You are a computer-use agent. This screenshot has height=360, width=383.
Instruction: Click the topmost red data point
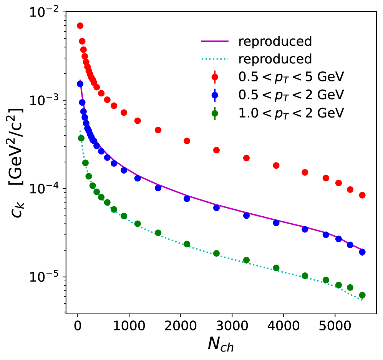[80, 26]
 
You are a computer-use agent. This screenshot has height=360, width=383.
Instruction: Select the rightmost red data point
[362, 195]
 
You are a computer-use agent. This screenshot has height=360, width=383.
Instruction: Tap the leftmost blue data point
[80, 84]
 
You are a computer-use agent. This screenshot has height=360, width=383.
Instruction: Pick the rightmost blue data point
[362, 252]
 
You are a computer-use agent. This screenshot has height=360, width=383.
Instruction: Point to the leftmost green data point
[81, 138]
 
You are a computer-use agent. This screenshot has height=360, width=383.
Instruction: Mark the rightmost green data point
[362, 295]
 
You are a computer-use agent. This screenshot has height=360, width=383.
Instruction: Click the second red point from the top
[82, 41]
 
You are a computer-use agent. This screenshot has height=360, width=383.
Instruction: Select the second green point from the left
[85, 163]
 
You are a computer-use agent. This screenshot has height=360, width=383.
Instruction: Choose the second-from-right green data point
[350, 287]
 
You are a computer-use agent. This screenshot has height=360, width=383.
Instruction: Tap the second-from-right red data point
[350, 189]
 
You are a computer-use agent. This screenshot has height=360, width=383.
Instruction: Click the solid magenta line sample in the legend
[214, 41]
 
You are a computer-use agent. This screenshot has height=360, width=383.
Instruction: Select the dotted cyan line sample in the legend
[214, 59]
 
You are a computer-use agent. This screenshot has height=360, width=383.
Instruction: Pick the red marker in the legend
[214, 77]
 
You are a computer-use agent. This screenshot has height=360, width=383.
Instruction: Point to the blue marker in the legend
[214, 95]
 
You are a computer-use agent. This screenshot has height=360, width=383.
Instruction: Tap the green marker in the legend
[214, 113]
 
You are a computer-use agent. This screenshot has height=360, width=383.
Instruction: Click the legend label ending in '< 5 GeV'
[291, 77]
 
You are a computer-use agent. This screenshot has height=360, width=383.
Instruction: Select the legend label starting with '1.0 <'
[291, 113]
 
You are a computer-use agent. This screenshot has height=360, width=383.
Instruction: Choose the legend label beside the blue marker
[291, 95]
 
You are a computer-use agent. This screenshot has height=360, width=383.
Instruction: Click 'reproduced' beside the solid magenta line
[275, 41]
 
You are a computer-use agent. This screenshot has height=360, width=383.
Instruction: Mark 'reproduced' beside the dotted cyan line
[275, 59]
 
